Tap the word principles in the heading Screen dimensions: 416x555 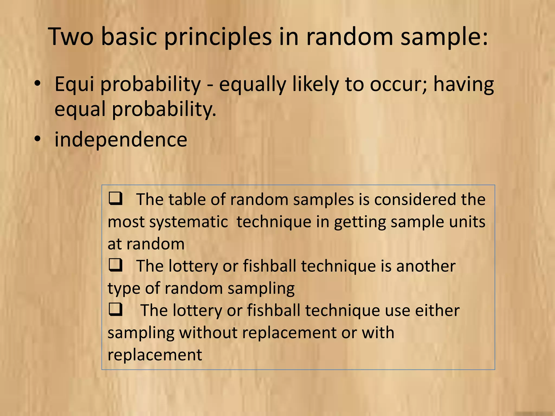pos(218,37)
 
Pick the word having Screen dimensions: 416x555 pos(464,84)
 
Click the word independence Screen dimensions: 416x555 pos(121,139)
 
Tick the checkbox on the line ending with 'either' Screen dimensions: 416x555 pos(115,309)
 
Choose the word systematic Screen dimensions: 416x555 pos(188,222)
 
